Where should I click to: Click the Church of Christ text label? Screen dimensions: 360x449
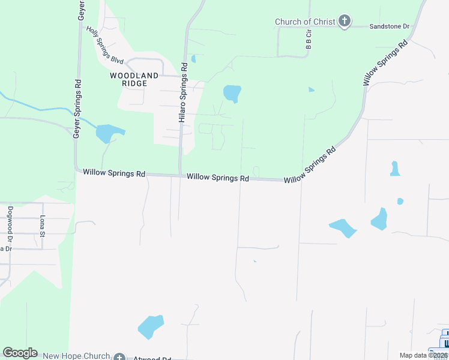[304, 22]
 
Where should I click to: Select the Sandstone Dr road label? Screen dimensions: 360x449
[388, 27]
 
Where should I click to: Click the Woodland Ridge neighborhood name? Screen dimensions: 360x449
[134, 80]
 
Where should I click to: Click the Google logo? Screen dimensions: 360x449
[20, 353]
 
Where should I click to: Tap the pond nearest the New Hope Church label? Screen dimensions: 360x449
[151, 326]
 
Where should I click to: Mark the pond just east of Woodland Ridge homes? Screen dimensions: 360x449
[232, 93]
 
